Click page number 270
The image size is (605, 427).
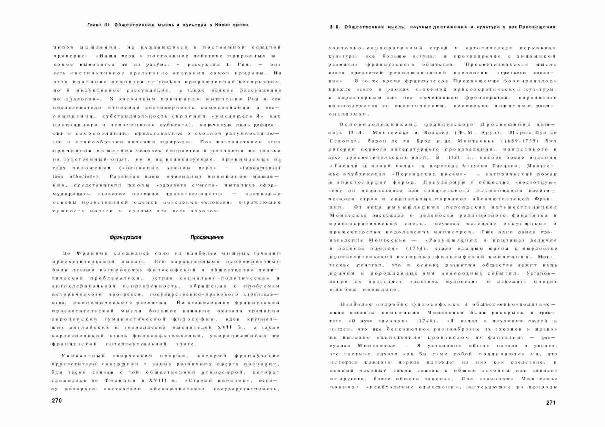(x=57, y=401)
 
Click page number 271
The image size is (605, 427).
(x=551, y=403)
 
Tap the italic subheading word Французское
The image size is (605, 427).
(x=125, y=237)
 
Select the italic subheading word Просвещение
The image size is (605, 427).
(x=207, y=237)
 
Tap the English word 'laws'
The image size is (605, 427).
(x=58, y=176)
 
